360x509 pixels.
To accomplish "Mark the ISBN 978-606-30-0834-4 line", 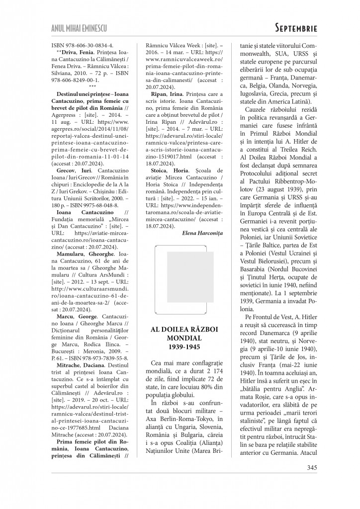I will point(83,44).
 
